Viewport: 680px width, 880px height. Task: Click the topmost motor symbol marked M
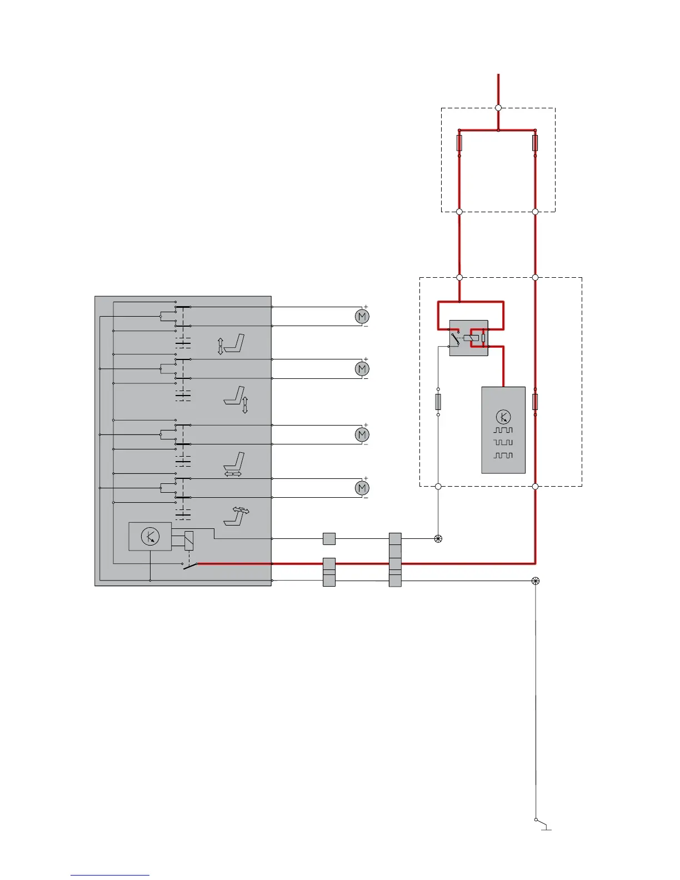pos(362,316)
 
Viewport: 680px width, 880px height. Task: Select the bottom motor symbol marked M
pos(362,488)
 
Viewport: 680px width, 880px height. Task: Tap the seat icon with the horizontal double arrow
pos(234,464)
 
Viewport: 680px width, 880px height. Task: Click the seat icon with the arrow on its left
pos(232,344)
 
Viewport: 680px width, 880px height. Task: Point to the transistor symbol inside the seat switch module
pos(150,537)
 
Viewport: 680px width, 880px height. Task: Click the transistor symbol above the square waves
pos(503,417)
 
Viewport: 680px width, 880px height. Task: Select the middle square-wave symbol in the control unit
pos(503,442)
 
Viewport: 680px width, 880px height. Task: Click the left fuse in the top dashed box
pos(459,143)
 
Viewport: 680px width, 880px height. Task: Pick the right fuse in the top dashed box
pos(535,143)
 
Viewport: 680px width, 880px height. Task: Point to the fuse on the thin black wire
pos(438,401)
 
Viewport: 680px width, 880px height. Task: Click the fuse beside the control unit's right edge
pos(535,402)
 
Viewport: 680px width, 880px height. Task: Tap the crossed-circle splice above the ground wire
pos(536,581)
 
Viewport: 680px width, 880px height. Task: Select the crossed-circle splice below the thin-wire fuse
pos(438,539)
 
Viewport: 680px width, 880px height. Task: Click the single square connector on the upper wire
pos(329,539)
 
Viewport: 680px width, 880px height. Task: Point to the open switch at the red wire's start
pos(190,566)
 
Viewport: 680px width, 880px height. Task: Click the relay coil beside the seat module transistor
pos(189,541)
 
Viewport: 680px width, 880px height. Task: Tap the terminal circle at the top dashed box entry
pos(498,108)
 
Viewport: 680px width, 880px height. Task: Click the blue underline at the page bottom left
pos(109,875)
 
